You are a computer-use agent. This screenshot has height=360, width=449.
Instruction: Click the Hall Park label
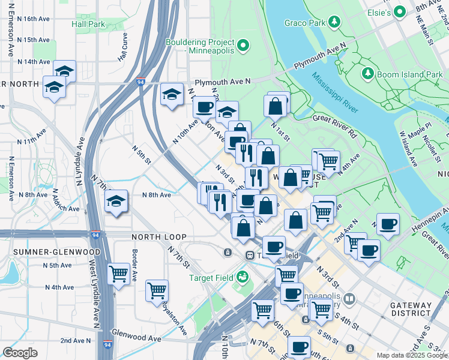tap(88, 24)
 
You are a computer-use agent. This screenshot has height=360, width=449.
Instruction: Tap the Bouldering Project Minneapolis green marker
tap(243, 45)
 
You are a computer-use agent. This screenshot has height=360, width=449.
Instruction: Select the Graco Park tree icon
tap(335, 22)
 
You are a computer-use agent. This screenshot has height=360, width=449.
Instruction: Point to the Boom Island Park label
tap(409, 74)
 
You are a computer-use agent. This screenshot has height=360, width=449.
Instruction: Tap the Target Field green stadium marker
tap(242, 277)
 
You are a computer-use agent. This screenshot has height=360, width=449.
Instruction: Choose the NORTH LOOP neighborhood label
tap(159, 238)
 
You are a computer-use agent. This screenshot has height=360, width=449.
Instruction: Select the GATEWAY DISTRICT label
tap(411, 310)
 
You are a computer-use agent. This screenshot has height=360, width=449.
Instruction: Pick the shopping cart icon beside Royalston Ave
tap(157, 290)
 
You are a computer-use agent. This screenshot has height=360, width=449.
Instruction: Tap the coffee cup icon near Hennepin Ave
tap(388, 224)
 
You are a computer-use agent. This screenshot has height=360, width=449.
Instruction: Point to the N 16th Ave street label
tap(34, 19)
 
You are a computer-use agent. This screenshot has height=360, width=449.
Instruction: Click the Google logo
tap(20, 352)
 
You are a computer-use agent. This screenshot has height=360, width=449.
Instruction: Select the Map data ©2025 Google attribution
tap(412, 355)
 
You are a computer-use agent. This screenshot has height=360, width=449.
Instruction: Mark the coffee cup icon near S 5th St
tap(298, 346)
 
